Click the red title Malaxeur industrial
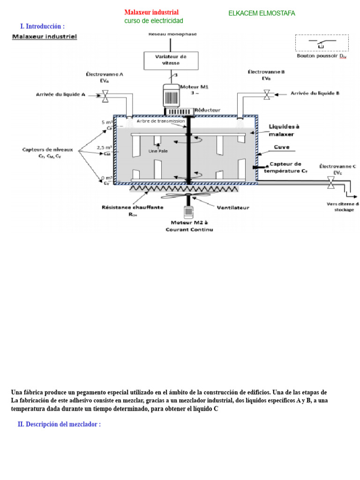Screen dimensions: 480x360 tap(151, 12)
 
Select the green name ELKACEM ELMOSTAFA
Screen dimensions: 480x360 tap(262, 13)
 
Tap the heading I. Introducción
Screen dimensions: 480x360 tap(42, 26)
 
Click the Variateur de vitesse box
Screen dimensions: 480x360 tap(171, 60)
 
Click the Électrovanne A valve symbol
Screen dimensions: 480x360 tap(105, 97)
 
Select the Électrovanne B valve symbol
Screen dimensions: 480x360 tap(267, 94)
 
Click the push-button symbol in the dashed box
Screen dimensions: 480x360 tap(321, 44)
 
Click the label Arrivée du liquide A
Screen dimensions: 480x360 tap(60, 95)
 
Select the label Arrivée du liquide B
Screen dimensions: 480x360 tap(315, 93)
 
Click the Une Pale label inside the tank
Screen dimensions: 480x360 tap(158, 151)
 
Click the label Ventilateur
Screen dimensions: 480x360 tap(233, 207)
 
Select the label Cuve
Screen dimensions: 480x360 tap(282, 147)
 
